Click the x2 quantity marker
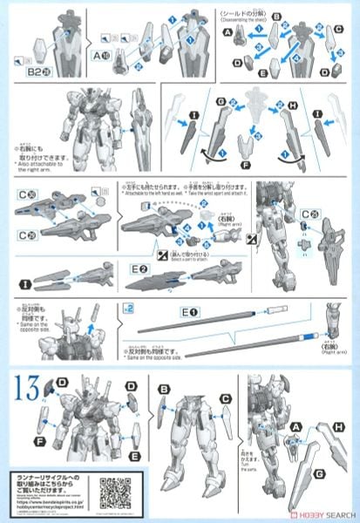click(127, 308)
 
